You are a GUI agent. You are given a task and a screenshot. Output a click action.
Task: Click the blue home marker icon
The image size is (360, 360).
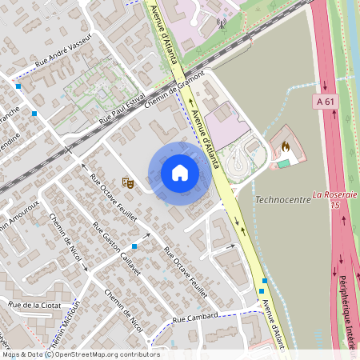[x=180, y=173]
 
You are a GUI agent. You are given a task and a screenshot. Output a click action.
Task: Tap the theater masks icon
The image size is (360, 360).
[x=126, y=182]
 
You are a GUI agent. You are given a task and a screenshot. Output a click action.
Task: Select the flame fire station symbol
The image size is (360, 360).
[x=285, y=147]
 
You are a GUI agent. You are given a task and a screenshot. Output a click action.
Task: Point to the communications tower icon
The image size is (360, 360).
[x=222, y=23]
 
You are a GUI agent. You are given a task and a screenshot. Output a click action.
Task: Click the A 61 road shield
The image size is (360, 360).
[x=325, y=101]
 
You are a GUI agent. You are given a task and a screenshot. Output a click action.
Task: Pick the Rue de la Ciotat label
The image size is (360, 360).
[x=31, y=305]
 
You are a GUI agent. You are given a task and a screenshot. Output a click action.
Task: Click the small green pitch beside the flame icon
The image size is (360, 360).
[x=284, y=162]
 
